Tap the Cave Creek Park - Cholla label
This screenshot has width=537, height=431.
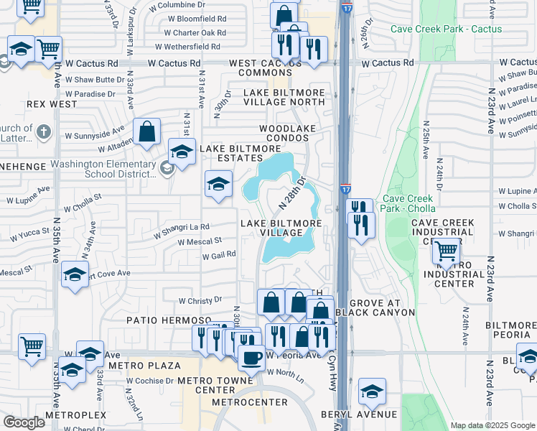pyautogui.click(x=408, y=203)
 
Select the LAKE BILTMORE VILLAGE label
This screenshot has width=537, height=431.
pyautogui.click(x=281, y=228)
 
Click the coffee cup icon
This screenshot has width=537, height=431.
pyautogui.click(x=251, y=357)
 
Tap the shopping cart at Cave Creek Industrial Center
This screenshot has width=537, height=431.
pyautogui.click(x=447, y=250)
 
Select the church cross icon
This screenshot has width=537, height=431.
pyautogui.click(x=44, y=131)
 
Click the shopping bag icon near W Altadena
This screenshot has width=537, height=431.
pyautogui.click(x=147, y=132)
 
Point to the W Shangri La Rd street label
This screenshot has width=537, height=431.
pyautogui.click(x=181, y=227)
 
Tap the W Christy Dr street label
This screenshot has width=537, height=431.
pyautogui.click(x=200, y=300)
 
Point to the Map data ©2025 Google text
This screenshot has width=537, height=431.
pyautogui.click(x=492, y=425)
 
